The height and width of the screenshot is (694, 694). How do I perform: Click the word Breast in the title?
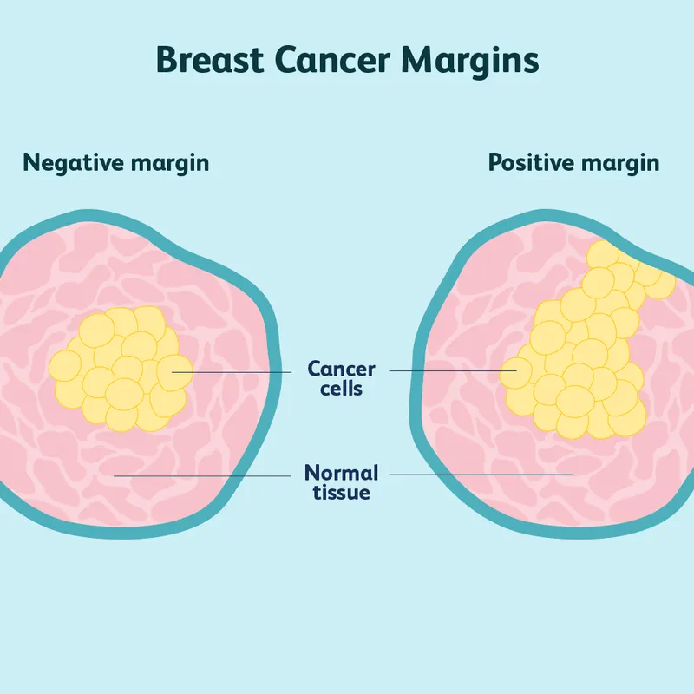[x=206, y=61]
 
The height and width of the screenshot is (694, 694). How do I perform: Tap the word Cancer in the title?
[x=334, y=61]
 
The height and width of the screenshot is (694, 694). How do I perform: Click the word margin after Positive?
[x=621, y=163]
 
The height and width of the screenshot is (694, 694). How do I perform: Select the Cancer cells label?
[x=342, y=378]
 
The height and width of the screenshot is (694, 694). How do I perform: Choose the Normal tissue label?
[x=342, y=483]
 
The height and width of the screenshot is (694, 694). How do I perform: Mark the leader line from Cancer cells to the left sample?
[x=234, y=371]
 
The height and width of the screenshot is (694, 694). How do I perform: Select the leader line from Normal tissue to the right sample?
[x=481, y=475]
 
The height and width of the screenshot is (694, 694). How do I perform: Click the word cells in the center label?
[x=342, y=389]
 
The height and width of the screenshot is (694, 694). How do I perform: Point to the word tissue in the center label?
[x=342, y=494]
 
